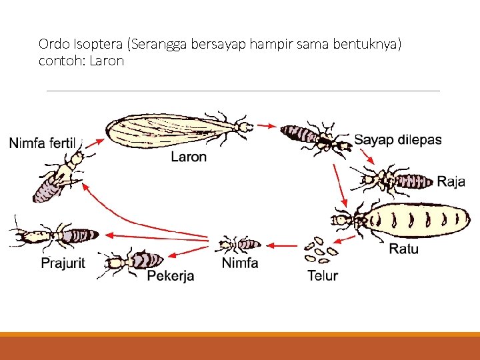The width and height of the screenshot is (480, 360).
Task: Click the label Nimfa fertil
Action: point(43,143)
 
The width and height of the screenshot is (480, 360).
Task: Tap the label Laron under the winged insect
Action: point(189,157)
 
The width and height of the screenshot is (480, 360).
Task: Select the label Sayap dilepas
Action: point(397,140)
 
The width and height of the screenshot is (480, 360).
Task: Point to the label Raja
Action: point(451,182)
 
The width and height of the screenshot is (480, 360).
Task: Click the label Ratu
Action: point(404,249)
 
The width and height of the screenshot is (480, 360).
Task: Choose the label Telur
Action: point(323,275)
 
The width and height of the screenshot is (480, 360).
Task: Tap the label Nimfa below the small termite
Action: point(239,263)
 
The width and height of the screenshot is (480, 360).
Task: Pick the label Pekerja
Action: point(171,275)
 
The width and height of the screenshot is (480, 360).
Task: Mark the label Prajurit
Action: point(63,263)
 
